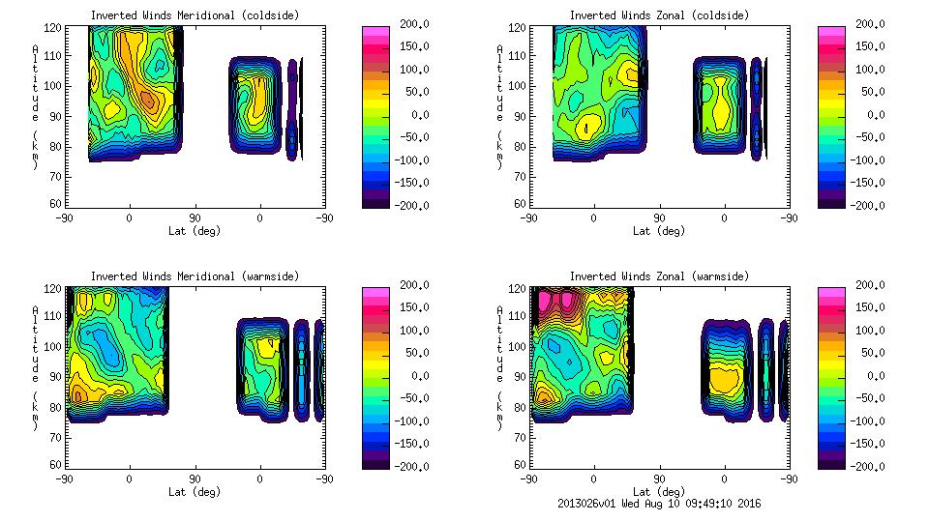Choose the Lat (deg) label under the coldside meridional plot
click(x=195, y=231)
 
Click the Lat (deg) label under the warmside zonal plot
click(x=659, y=492)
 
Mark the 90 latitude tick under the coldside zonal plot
click(x=659, y=217)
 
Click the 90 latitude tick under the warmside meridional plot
click(x=195, y=478)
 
